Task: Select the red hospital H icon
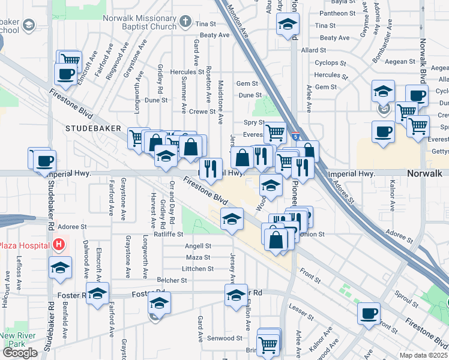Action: (x=58, y=245)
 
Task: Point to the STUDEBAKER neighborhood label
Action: (x=93, y=128)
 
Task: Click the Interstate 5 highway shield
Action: (x=296, y=137)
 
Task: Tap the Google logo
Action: (x=20, y=352)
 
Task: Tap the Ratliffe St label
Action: (x=168, y=234)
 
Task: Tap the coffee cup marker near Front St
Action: (x=369, y=313)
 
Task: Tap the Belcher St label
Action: (x=172, y=280)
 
